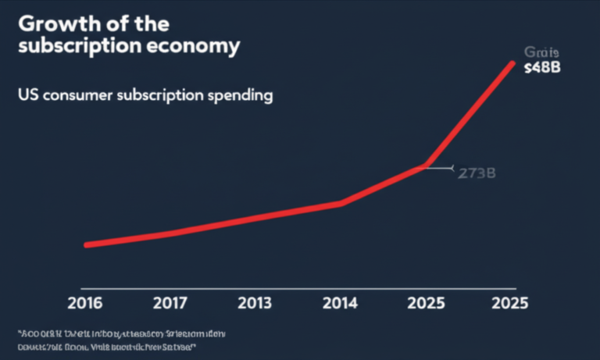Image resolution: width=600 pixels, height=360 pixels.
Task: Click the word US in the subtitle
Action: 26,97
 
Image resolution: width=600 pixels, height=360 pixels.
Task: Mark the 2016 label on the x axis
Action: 85,302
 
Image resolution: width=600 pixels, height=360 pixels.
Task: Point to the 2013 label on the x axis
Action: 256,302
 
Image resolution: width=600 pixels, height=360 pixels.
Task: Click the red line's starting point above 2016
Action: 87,244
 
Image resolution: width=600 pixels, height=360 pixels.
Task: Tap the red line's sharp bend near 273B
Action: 426,165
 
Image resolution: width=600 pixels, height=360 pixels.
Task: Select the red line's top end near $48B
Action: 512,63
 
